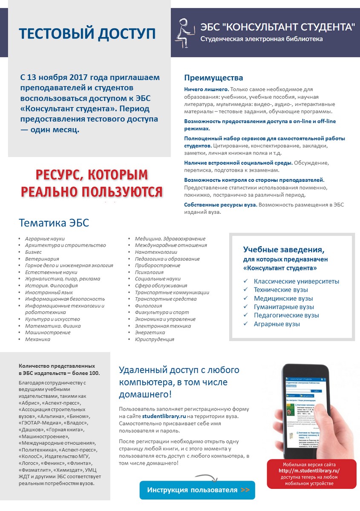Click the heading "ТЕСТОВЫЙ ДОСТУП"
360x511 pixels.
88,34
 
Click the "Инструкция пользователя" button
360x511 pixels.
197,490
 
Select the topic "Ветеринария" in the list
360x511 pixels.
42,259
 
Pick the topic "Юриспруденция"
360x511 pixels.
154,339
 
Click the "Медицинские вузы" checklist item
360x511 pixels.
283,299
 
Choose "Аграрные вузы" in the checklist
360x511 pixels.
277,324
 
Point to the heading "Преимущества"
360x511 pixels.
213,78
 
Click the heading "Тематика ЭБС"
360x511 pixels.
54,223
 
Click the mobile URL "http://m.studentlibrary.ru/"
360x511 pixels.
309,471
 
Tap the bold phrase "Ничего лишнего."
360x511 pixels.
207,89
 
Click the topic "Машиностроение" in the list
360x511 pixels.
48,333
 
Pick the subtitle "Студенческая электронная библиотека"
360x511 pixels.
262,39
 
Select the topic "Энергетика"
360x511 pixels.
150,333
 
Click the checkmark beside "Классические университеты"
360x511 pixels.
245,281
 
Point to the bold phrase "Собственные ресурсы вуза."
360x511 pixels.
220,205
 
